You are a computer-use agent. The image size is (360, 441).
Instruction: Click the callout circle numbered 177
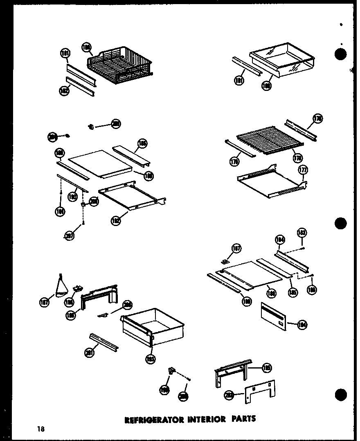click(x=303, y=170)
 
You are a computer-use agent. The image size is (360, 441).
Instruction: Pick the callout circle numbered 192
click(x=117, y=221)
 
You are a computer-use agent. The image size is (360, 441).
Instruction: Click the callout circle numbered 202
click(x=229, y=395)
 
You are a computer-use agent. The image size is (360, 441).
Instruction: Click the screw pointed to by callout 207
click(x=83, y=223)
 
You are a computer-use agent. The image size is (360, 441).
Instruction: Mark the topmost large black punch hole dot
click(x=340, y=54)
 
